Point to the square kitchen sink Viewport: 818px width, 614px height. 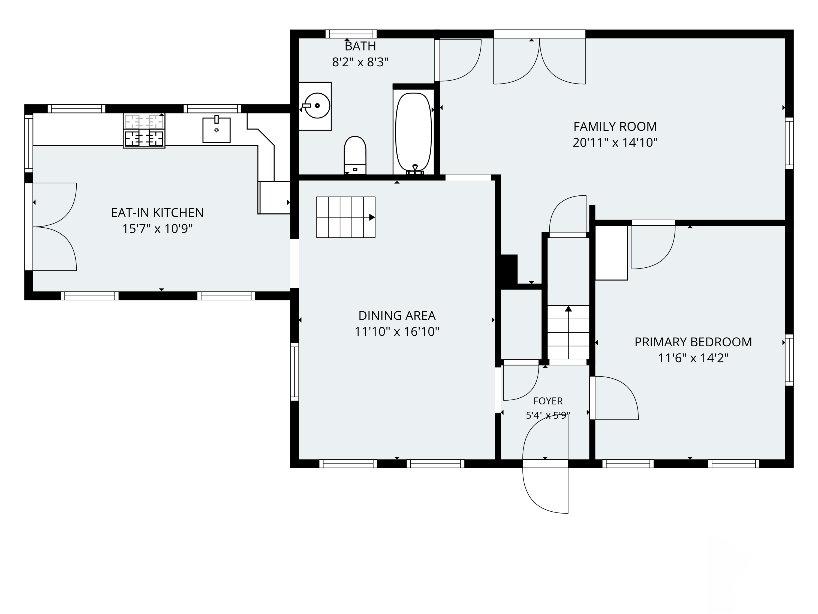tap(216, 130)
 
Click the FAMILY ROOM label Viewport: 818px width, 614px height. tap(615, 127)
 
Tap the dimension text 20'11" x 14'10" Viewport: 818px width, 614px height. tap(615, 142)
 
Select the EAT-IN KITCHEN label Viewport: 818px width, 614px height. tap(158, 213)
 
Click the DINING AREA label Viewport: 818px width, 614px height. tap(397, 316)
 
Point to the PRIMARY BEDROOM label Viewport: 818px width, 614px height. tap(693, 342)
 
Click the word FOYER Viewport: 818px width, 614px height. tap(548, 401)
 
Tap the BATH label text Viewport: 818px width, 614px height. tap(360, 46)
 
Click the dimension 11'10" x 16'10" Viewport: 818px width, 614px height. tap(397, 332)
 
